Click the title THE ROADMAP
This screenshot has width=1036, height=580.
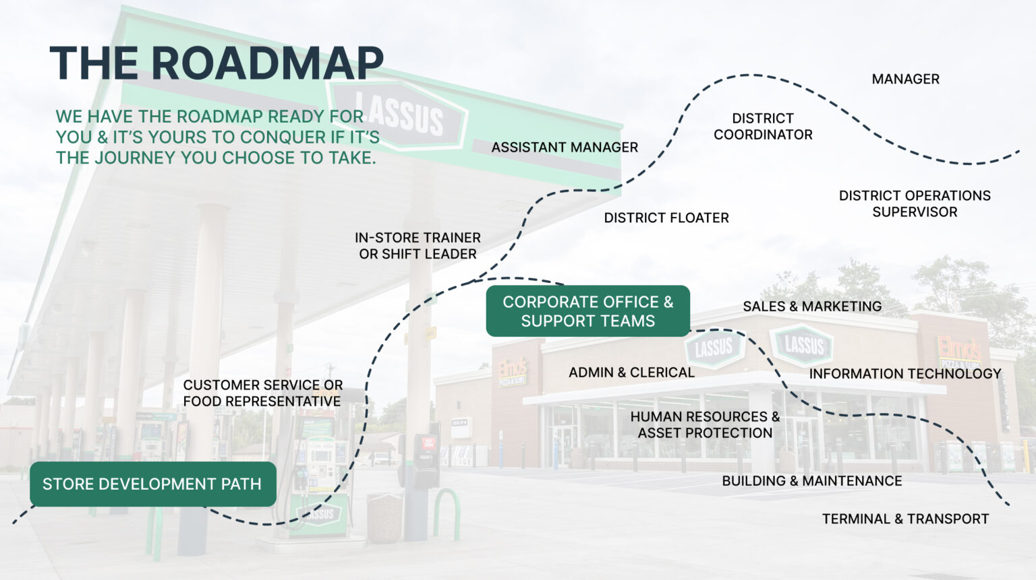click(217, 63)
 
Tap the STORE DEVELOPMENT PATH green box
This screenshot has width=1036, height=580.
click(152, 484)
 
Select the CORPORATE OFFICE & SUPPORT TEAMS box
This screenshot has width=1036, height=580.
click(587, 311)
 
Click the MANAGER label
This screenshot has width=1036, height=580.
click(905, 79)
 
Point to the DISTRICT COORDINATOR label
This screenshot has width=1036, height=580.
click(763, 127)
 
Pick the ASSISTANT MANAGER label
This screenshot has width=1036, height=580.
click(565, 148)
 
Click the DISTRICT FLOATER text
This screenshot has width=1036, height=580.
click(666, 218)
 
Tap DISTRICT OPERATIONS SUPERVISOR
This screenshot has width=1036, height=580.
click(915, 203)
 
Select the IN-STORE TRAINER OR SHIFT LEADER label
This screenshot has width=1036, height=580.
click(418, 246)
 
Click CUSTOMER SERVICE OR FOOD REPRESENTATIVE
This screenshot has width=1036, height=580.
click(262, 393)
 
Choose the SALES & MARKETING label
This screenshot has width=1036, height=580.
click(812, 307)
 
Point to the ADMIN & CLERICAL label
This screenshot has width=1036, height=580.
click(631, 373)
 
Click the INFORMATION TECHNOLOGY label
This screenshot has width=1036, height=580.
click(905, 374)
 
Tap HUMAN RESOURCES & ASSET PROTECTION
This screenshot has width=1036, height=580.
click(705, 425)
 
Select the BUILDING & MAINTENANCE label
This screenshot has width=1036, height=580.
click(812, 481)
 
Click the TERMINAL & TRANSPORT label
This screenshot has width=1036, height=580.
click(905, 519)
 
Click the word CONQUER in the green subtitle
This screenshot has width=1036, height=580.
click(283, 137)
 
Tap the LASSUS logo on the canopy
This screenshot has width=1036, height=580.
click(399, 115)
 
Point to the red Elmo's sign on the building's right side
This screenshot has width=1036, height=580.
click(959, 349)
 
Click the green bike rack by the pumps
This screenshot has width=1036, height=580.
click(447, 513)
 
